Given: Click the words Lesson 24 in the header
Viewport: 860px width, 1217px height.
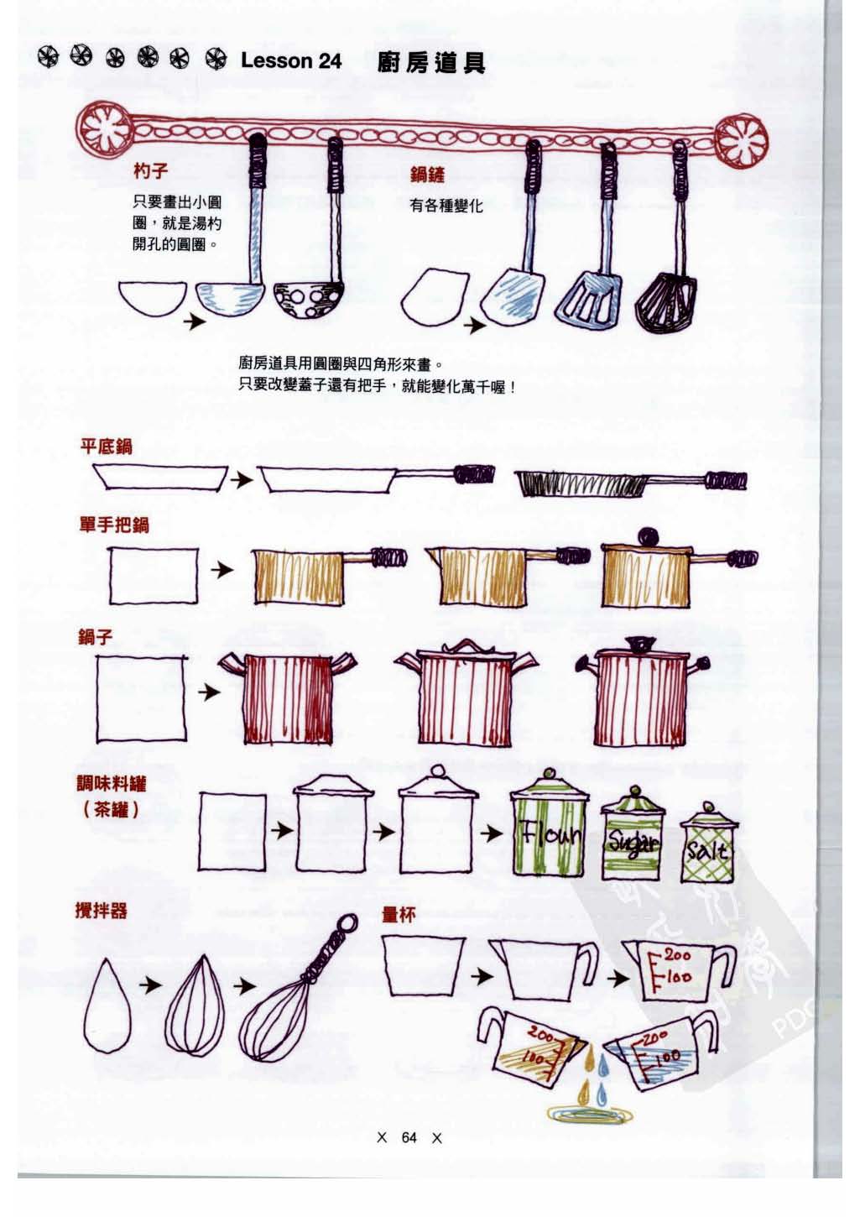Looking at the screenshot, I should coord(290,60).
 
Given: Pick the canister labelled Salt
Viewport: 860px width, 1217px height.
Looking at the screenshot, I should coord(709,848).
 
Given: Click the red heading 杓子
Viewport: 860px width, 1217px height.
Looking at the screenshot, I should coord(150,171).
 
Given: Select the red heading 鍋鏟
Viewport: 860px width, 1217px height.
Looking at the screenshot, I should coord(427,174).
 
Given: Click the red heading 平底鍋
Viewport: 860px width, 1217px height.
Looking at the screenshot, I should coord(106,446).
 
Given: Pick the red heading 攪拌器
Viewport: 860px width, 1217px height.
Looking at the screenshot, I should coord(102,911).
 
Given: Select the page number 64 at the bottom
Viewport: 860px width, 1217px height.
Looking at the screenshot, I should coord(409,1138).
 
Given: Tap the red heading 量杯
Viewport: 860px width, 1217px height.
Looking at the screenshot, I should coord(399,915).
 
